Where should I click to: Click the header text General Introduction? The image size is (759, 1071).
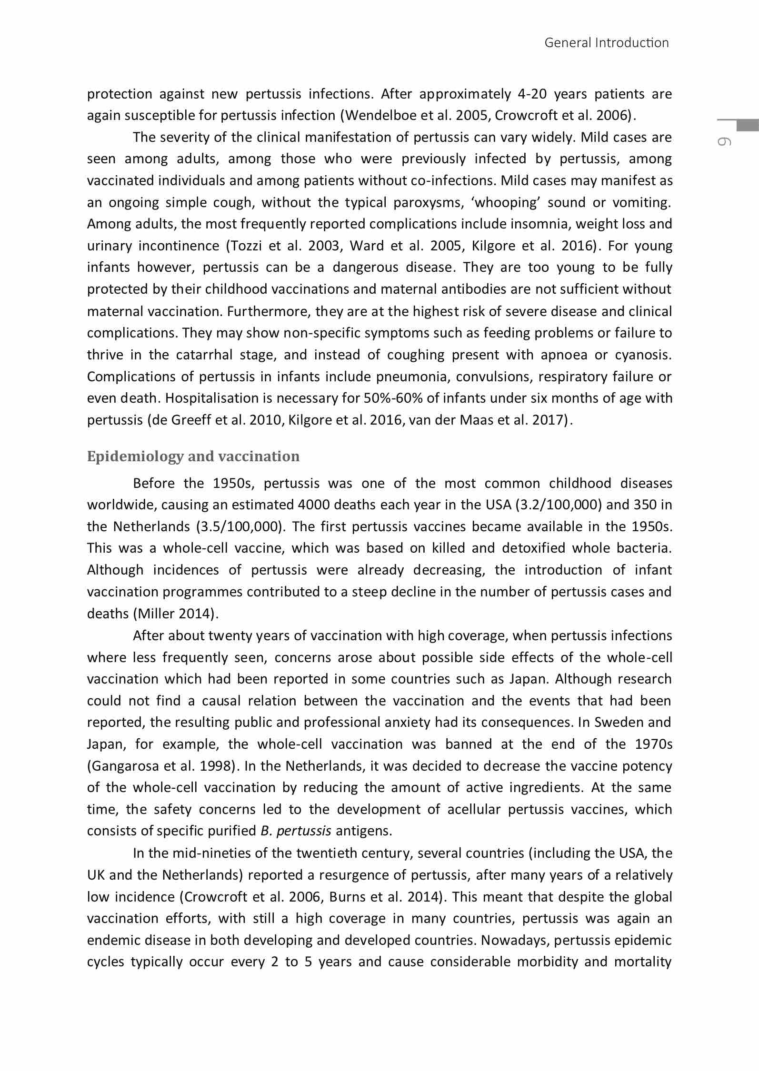pyautogui.click(x=606, y=43)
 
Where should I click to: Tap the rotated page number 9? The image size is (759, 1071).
pyautogui.click(x=724, y=141)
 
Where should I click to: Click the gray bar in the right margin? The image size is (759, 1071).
pyautogui.click(x=747, y=126)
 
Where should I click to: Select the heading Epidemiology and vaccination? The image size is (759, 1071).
pyautogui.click(x=193, y=456)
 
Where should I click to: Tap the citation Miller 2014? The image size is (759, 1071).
pyautogui.click(x=174, y=614)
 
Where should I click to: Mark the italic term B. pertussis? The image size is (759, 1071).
pyautogui.click(x=296, y=831)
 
